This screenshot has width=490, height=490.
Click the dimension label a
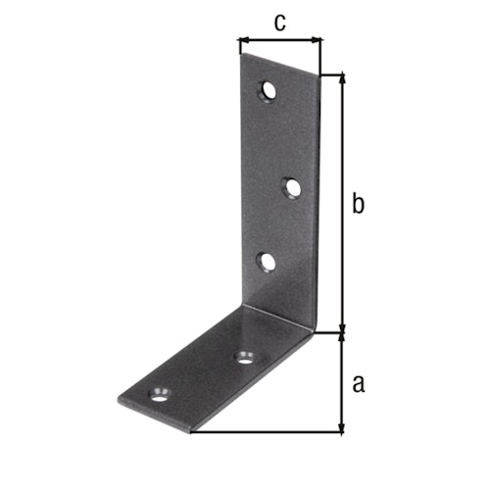[x=358, y=382]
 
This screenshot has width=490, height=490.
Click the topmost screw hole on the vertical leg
[x=267, y=92]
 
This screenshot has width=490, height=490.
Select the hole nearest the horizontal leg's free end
[x=157, y=396]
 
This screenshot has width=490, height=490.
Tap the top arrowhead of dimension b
[x=341, y=77]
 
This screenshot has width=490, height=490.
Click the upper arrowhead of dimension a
[x=341, y=338]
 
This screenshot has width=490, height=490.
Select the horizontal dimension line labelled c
[x=279, y=41]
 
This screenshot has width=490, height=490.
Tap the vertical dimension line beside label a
[x=341, y=382]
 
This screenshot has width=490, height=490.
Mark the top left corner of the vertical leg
[x=240, y=55]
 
